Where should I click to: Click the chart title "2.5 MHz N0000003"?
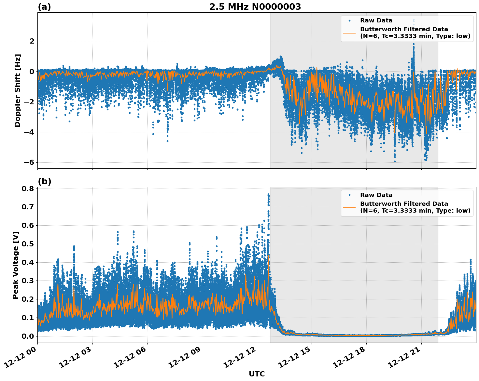[x=255, y=7]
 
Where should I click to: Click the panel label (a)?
[x=44, y=7]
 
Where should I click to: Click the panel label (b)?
[x=44, y=181]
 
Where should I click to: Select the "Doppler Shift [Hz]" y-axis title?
[x=18, y=90]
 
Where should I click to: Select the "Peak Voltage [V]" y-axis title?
[x=16, y=265]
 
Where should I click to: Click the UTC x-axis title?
[x=257, y=374]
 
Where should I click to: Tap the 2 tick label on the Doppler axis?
[x=32, y=41]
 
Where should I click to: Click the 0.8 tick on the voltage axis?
[x=28, y=189]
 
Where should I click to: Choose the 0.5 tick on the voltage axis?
[x=28, y=244]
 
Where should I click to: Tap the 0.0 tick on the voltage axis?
[x=28, y=336]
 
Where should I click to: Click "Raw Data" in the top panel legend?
[x=376, y=20]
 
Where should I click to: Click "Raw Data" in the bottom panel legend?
[x=376, y=195]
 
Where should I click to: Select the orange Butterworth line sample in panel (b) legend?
[x=349, y=207]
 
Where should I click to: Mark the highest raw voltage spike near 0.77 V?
[x=268, y=195]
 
